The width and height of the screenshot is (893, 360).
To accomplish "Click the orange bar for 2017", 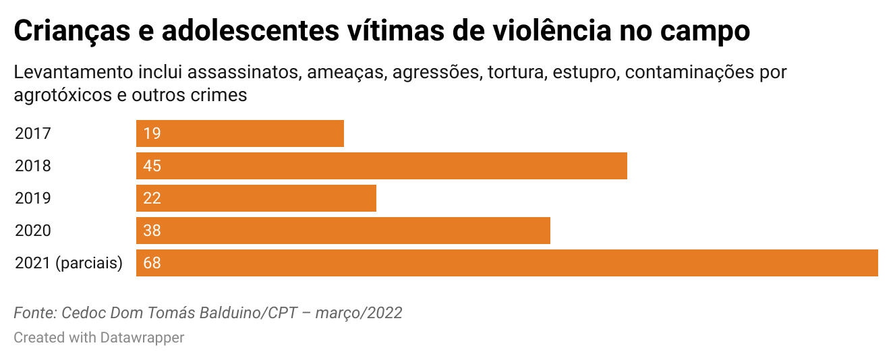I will coord(240,133).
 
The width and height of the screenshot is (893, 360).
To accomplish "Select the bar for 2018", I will coord(382,166).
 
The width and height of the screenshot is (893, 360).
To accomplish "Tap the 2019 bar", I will coord(256,198).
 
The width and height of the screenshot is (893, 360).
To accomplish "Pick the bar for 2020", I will coord(343,231).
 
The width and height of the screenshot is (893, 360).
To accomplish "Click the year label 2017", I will coord(33,133).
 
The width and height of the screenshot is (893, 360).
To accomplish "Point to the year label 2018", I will coord(33,166).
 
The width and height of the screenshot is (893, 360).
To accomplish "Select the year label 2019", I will coord(33,198).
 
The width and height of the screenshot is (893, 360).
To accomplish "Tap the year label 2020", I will coord(33,231).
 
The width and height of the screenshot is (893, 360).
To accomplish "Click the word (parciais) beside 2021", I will coord(90,263).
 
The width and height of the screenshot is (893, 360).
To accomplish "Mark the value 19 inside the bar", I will coord(152,133).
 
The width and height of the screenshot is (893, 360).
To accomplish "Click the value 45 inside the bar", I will coord(152,166).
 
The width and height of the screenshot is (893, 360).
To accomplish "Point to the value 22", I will coord(152,198).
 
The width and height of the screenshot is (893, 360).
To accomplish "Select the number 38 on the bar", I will coord(152,231).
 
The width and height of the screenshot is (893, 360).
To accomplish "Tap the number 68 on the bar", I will coord(152,263).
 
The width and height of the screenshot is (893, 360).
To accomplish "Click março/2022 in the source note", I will coord(359,313).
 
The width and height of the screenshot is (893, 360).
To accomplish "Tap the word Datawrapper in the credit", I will coord(142,337).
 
